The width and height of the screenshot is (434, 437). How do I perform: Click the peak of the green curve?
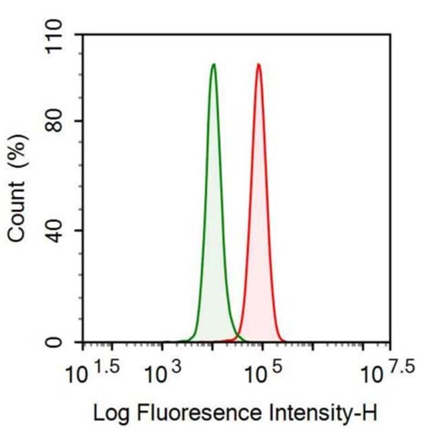214,65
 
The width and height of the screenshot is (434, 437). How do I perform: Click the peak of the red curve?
258,65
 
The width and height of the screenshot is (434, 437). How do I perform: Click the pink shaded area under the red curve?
259,267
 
